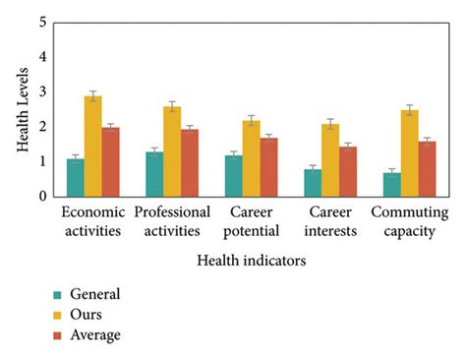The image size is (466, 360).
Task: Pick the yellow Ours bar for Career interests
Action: pyautogui.click(x=331, y=160)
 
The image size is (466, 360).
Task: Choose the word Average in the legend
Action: pyautogui.click(x=96, y=335)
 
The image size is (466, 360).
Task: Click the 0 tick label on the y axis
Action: pyautogui.click(x=41, y=197)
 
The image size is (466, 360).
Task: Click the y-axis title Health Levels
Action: pyautogui.click(x=22, y=108)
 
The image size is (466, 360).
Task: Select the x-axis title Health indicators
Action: pyautogui.click(x=251, y=261)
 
